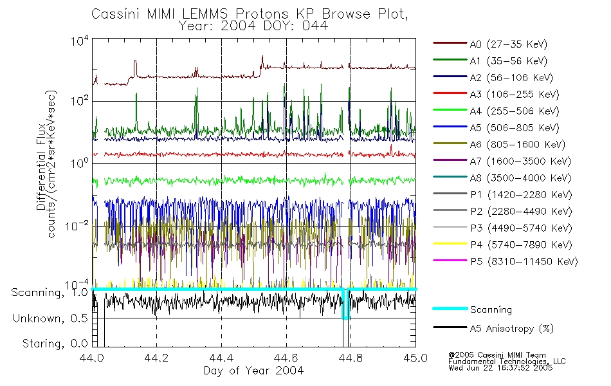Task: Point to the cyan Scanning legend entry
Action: (x=491, y=309)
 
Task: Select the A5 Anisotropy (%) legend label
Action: (x=511, y=329)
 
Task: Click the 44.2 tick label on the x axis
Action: (x=157, y=358)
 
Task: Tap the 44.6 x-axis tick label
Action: (x=286, y=358)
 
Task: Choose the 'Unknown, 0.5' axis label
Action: (x=50, y=318)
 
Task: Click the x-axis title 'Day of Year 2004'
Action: (x=253, y=371)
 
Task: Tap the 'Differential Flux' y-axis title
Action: (x=42, y=164)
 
